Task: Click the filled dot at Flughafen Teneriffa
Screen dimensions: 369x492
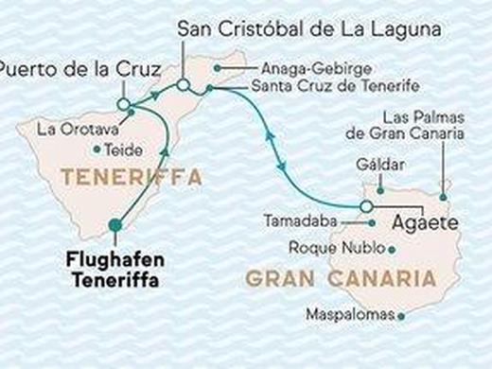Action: click(x=115, y=224)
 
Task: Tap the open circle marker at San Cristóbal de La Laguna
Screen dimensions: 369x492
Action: click(x=184, y=89)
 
